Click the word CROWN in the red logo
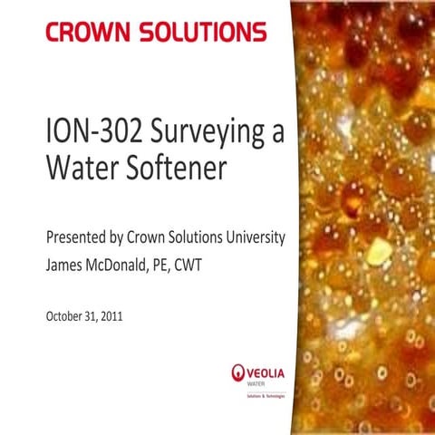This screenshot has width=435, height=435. click(x=87, y=34)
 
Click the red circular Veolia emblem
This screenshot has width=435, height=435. click(x=239, y=371)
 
